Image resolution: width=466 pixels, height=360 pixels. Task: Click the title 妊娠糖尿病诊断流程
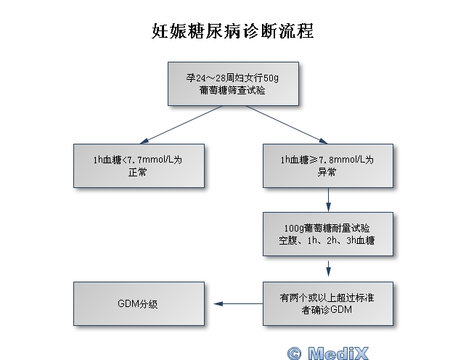point(233,31)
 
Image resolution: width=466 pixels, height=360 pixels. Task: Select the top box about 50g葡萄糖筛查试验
point(233,83)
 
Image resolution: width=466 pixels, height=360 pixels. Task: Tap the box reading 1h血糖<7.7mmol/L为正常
point(138,166)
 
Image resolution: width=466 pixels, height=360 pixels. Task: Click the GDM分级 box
point(138,303)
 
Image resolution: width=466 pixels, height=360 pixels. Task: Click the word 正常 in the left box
point(138,173)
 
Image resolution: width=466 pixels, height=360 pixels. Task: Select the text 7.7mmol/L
point(153,160)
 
